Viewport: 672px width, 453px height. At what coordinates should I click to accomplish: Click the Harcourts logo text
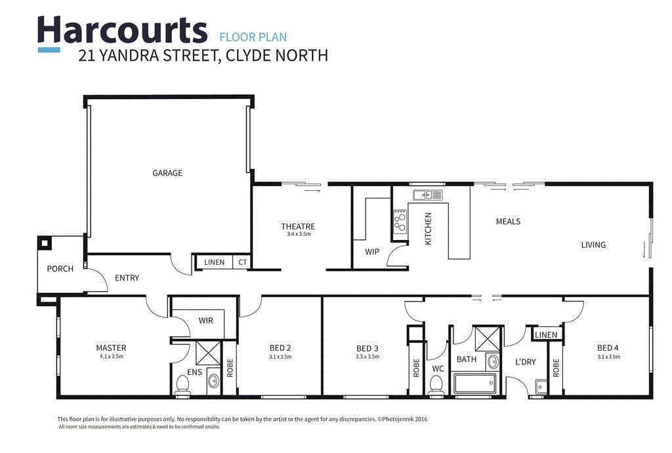pos(122,30)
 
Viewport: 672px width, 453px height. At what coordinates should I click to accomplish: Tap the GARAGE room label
pos(167,173)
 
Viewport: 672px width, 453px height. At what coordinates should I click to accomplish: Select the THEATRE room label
pos(299,227)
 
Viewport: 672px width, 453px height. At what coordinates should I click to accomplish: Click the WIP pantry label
pos(373,251)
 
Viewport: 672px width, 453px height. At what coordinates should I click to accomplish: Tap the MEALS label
pos(508,222)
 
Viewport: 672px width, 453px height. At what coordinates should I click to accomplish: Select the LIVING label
pos(593,245)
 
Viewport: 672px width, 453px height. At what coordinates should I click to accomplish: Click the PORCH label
pos(60,269)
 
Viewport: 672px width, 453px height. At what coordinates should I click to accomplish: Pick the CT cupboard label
pos(242,262)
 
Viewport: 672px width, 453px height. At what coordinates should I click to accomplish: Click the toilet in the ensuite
pos(183,384)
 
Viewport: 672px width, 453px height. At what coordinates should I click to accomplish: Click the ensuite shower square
pos(205,352)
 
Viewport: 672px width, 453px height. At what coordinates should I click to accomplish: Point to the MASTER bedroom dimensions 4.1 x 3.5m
pos(111,357)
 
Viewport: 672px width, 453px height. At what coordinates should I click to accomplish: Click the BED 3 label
pos(367,347)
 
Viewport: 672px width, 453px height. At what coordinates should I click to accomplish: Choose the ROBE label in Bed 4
pos(556,368)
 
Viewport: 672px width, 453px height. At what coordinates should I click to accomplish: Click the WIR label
pos(206,321)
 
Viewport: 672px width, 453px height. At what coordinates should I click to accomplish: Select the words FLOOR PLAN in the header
pos(253,37)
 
